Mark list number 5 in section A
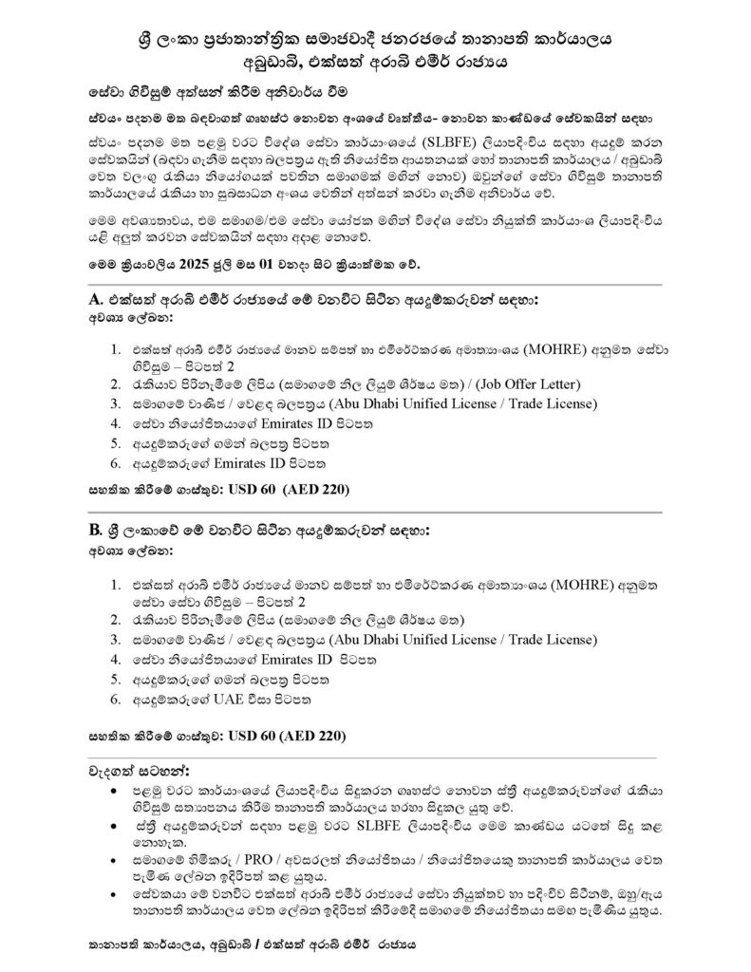pyautogui.click(x=115, y=443)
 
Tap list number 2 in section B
pyautogui.click(x=115, y=619)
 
